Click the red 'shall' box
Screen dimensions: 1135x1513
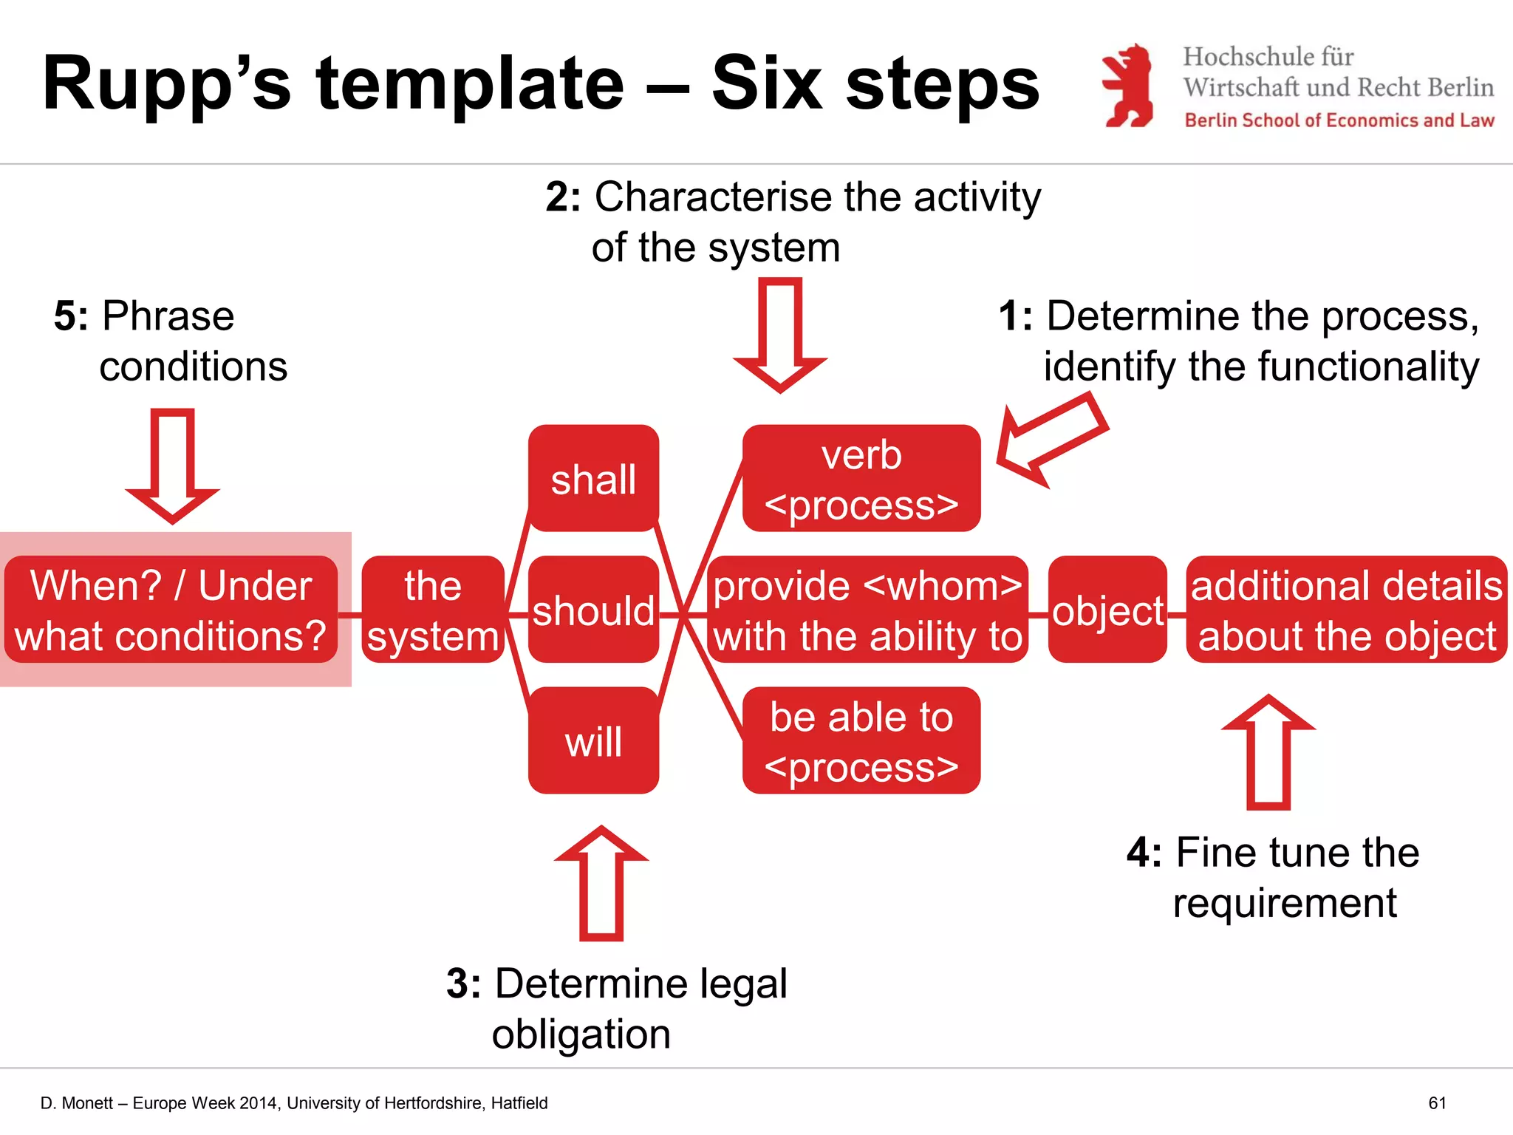(x=593, y=478)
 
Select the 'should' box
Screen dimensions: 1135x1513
(x=593, y=610)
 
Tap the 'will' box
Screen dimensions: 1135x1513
(x=593, y=740)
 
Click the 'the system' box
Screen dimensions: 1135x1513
(x=433, y=610)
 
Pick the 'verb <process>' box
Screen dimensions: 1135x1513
(x=861, y=478)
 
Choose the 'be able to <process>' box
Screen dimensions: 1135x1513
(x=861, y=740)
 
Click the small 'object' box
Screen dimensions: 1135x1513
(x=1107, y=610)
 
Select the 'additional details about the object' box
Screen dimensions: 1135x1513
(x=1346, y=610)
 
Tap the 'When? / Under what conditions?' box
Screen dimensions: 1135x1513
(x=171, y=610)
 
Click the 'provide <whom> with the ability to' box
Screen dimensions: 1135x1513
(x=867, y=610)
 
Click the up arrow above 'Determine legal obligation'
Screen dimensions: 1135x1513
(x=601, y=883)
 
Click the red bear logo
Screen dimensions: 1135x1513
(x=1128, y=86)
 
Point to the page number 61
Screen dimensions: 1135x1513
(x=1437, y=1103)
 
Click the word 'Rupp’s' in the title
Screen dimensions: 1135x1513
(x=166, y=85)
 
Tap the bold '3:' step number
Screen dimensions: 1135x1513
(x=463, y=984)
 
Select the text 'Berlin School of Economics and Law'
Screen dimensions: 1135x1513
(x=1339, y=120)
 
